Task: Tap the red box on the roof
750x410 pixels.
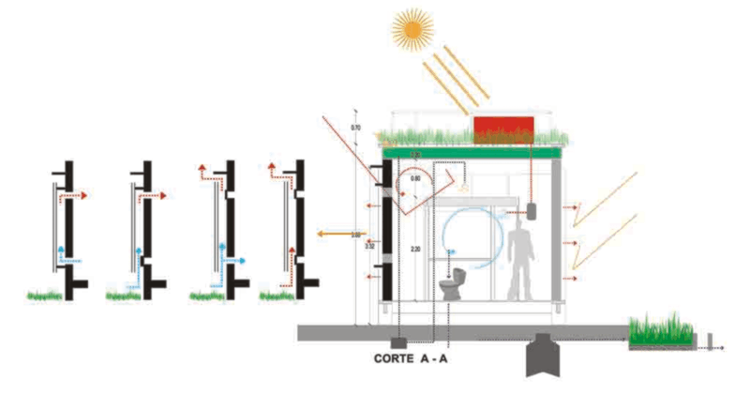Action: click(503, 129)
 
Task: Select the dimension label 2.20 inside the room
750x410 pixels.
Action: click(416, 249)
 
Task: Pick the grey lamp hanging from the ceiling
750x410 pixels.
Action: click(532, 209)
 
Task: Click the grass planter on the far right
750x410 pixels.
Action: click(662, 330)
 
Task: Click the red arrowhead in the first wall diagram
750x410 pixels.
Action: click(84, 196)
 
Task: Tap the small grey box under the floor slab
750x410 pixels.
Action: click(397, 344)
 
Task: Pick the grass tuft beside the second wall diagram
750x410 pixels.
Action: click(123, 295)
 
